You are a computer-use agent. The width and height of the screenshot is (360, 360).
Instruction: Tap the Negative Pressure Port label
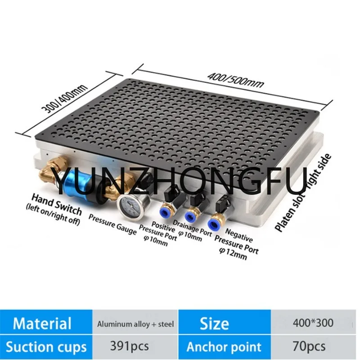point(237,245)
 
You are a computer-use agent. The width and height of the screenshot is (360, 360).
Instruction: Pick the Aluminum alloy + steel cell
point(135,323)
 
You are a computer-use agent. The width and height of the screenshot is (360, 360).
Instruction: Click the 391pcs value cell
point(135,346)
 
